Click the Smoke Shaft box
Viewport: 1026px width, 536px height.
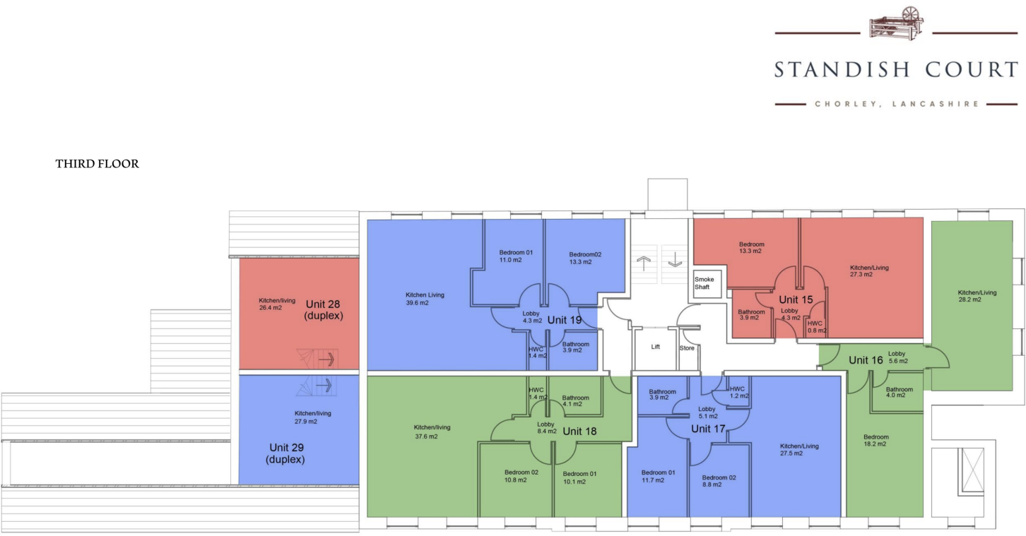pos(704,283)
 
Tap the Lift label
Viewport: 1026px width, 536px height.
pos(655,347)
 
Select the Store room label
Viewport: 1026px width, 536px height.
pos(687,348)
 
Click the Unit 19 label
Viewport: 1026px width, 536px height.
pos(564,320)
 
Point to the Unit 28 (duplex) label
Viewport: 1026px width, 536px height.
pos(324,310)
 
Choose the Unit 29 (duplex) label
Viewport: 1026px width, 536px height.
pos(287,453)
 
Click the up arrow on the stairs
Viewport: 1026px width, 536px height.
pos(643,261)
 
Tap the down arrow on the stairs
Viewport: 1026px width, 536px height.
pos(674,261)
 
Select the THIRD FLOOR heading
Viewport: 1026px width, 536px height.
pos(98,164)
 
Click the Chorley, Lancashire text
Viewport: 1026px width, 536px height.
pos(896,104)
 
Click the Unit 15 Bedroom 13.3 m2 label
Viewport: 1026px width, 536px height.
pos(751,248)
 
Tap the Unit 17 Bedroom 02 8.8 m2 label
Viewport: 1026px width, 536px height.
pos(719,481)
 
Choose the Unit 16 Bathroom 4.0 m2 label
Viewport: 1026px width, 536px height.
pos(900,393)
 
